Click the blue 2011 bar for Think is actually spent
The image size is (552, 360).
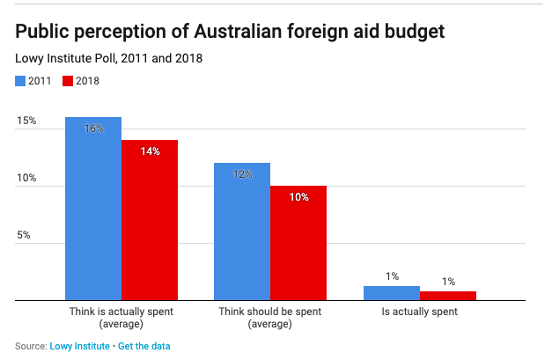point(92,211)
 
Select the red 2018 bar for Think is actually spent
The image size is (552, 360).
point(150,222)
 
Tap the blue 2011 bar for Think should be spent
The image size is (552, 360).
point(241,233)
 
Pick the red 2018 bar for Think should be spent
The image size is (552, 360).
point(298,245)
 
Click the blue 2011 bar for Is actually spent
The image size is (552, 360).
point(391,293)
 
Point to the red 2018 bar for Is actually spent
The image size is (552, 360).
point(448,296)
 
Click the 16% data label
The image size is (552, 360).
point(93,129)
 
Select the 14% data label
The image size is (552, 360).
point(150,151)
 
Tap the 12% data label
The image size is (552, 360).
point(242,174)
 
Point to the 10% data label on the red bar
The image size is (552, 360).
point(298,197)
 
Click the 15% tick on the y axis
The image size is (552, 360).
point(26,121)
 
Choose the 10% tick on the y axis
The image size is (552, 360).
point(26,178)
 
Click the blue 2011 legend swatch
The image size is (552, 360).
point(20,81)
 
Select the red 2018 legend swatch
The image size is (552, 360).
point(69,81)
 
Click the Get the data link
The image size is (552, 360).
point(144,346)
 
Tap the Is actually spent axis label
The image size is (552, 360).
point(419,312)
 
